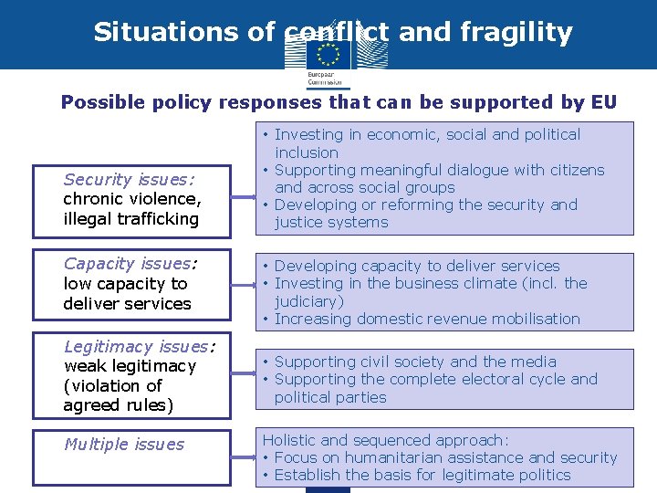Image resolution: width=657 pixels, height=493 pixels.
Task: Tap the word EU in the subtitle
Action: [603, 102]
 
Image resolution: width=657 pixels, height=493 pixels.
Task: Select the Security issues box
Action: [130, 199]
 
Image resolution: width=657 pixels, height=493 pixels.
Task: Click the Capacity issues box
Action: [130, 283]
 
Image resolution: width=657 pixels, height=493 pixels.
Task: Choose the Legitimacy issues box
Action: [130, 375]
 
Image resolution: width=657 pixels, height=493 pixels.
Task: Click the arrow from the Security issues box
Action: [244, 195]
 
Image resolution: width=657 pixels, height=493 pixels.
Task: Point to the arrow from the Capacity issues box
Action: [244, 282]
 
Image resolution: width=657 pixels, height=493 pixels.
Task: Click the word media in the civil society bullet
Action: [535, 362]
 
